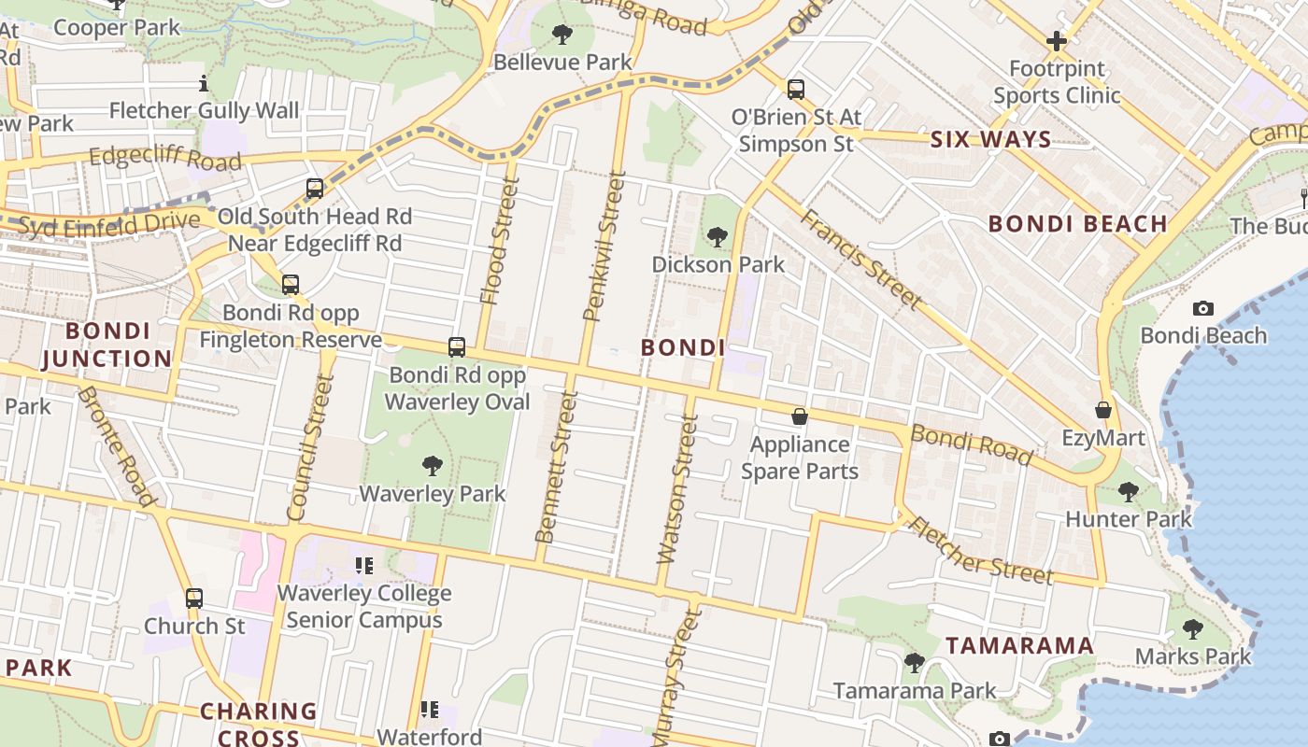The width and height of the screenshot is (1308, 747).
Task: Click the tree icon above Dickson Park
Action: [x=718, y=237]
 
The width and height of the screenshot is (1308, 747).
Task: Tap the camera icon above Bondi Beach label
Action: [x=1203, y=308]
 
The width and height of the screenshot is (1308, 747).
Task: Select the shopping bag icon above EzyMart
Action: [x=1103, y=410]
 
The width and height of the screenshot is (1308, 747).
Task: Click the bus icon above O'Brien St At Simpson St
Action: [x=796, y=90]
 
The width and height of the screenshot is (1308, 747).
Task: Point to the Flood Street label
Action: [x=498, y=241]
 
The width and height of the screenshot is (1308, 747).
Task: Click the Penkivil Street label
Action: [x=603, y=246]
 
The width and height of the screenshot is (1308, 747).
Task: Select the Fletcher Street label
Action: [x=980, y=550]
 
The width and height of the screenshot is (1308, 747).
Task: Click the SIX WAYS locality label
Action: [x=990, y=140]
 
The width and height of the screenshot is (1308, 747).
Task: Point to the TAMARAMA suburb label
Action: [x=1019, y=645]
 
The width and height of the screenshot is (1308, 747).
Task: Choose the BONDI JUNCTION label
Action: [x=107, y=345]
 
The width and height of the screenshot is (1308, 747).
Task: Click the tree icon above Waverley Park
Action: [x=432, y=465]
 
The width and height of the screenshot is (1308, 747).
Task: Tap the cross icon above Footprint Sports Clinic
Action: [x=1057, y=41]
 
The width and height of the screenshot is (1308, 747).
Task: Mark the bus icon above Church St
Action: [x=193, y=599]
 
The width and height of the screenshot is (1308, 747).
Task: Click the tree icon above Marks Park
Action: [x=1192, y=628]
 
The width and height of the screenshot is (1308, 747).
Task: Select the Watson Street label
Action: [x=677, y=489]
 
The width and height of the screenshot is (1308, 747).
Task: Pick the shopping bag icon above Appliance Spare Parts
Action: [x=800, y=416]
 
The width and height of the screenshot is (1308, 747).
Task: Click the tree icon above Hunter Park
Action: [x=1129, y=491]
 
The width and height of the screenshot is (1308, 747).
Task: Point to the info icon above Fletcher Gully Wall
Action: [x=204, y=84]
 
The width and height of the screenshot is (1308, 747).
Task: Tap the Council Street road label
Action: [x=310, y=447]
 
